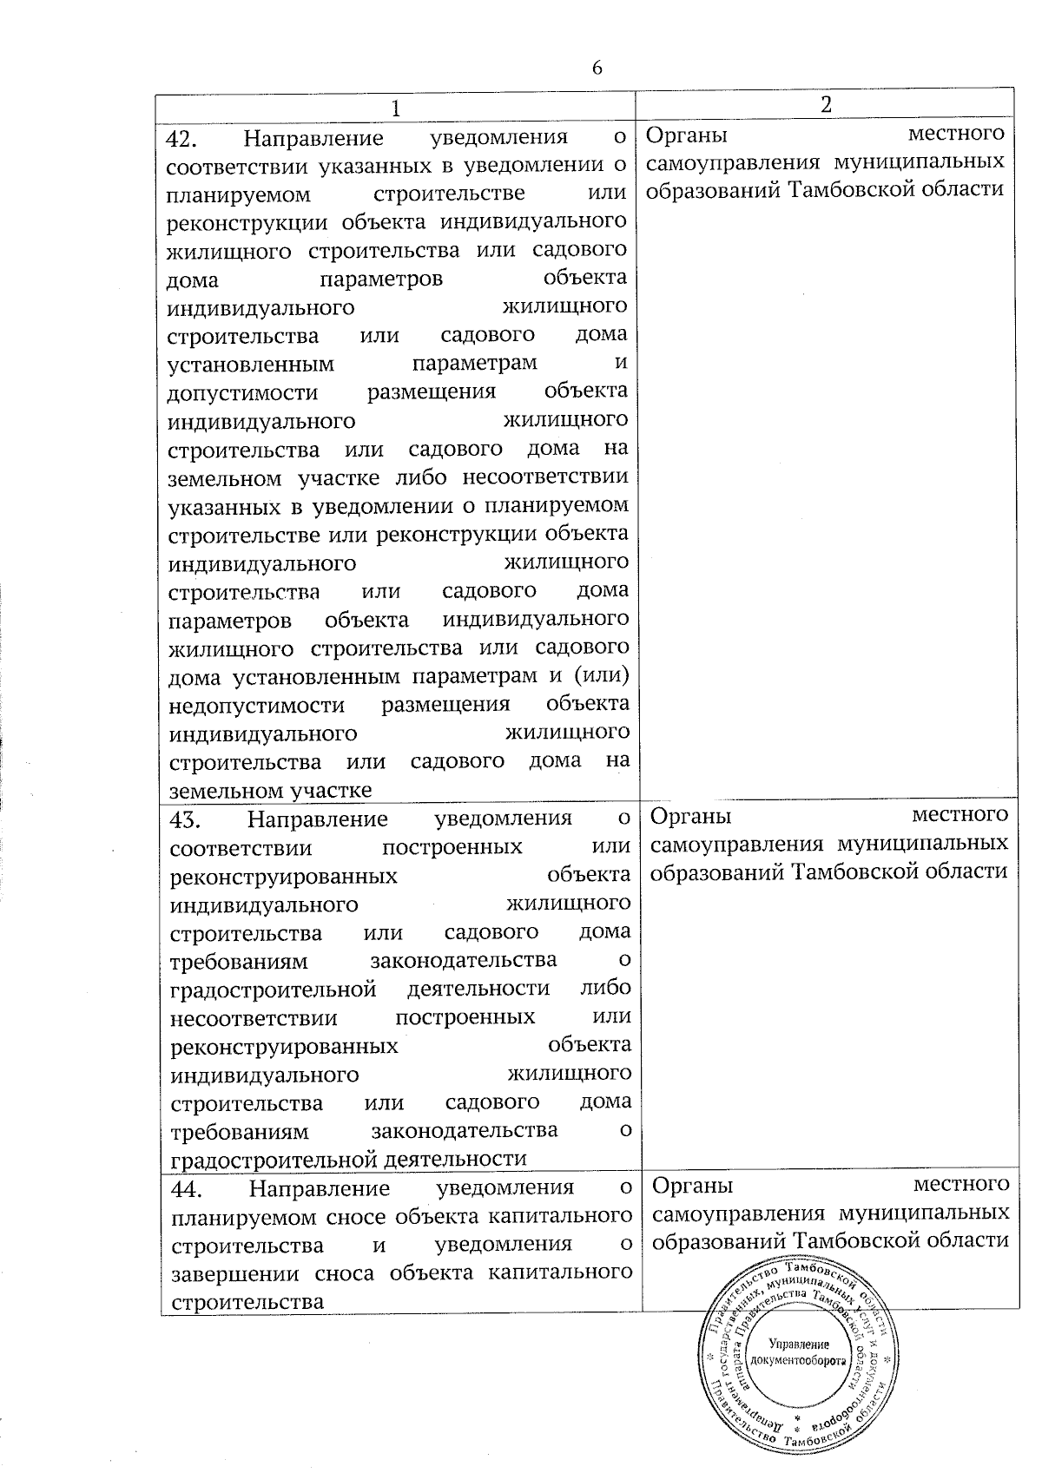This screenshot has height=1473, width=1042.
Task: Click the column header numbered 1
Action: click(396, 109)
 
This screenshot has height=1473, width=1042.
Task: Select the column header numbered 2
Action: click(826, 104)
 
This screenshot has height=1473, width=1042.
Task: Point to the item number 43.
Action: click(188, 819)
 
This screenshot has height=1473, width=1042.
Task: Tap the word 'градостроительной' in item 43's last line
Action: click(274, 1160)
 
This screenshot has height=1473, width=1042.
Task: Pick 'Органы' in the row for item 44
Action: click(692, 1187)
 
